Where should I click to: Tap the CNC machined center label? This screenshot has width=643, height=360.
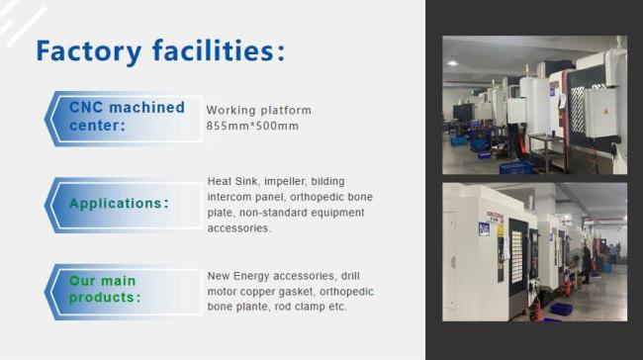pos(126,116)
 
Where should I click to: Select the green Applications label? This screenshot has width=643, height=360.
pos(119,204)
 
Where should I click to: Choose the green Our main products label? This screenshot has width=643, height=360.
pos(104,289)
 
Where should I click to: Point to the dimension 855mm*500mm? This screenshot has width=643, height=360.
pos(252,127)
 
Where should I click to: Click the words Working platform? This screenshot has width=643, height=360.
pos(258,110)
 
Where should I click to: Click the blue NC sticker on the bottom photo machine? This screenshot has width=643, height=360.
pos(485,228)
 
